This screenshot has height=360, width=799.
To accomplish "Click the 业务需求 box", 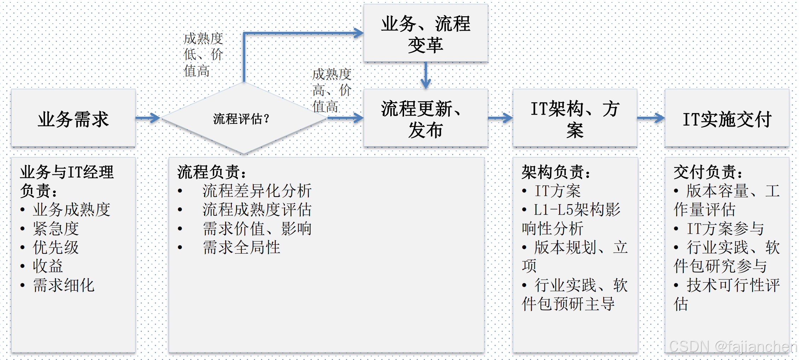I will pyautogui.click(x=73, y=118).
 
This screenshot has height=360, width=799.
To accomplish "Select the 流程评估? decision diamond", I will pyautogui.click(x=243, y=118).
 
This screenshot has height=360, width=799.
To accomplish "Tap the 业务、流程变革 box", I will pyautogui.click(x=426, y=34).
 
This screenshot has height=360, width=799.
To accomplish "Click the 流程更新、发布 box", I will pyautogui.click(x=426, y=118).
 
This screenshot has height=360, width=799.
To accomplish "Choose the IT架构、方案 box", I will pyautogui.click(x=575, y=118).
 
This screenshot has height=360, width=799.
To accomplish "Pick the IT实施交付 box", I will pyautogui.click(x=727, y=118).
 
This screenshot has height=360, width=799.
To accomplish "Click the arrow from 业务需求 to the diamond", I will pyautogui.click(x=148, y=118).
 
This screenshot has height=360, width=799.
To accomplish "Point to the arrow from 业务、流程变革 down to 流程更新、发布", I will pyautogui.click(x=426, y=75).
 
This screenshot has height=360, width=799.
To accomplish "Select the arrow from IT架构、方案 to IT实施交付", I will pyautogui.click(x=651, y=118).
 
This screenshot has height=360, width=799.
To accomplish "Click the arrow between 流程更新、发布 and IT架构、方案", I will pyautogui.click(x=500, y=118).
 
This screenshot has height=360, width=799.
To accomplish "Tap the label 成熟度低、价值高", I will pyautogui.click(x=203, y=55).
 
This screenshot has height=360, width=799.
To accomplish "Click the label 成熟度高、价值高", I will pyautogui.click(x=332, y=91).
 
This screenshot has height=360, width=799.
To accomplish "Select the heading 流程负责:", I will pyautogui.click(x=212, y=172).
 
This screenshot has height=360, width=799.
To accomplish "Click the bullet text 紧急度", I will pyautogui.click(x=56, y=229).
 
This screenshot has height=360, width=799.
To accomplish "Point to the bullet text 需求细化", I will pyautogui.click(x=64, y=285).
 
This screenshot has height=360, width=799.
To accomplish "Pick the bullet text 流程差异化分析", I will pyautogui.click(x=257, y=191).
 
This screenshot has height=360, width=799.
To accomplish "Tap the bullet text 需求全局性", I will pyautogui.click(x=241, y=248).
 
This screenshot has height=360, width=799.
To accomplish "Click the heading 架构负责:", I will pyautogui.click(x=556, y=172).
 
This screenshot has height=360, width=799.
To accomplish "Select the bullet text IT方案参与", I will pyautogui.click(x=725, y=229).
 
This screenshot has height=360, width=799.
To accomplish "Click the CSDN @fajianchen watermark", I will pyautogui.click(x=732, y=347).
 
